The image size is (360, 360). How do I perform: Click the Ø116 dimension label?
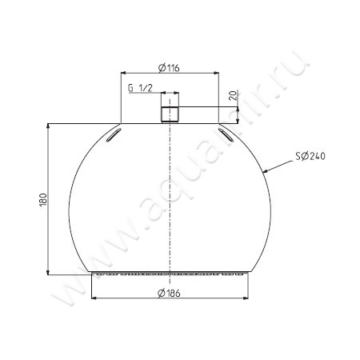click(169, 67)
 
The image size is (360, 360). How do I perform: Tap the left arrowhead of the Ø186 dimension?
click(96, 299)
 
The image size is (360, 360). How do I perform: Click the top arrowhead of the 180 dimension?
click(52, 126)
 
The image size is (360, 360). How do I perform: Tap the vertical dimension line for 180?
click(52, 232)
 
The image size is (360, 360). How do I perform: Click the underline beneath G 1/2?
click(144, 94)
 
